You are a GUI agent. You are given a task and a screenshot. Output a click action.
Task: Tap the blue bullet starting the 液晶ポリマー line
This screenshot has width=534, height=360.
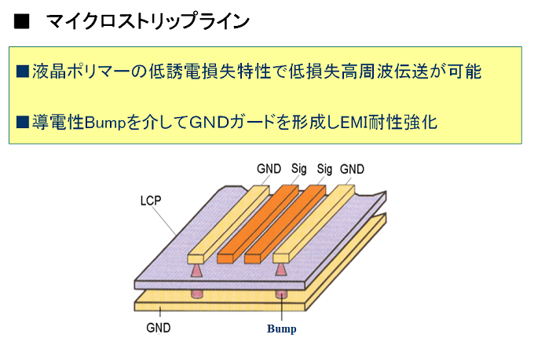pos(23,72)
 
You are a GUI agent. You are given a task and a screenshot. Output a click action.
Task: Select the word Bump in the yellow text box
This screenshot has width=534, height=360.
pos(104,123)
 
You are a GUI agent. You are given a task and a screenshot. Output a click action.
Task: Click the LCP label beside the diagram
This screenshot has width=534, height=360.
pos(148,200)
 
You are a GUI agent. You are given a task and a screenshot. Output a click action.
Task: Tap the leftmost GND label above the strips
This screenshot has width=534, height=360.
pos(269,168)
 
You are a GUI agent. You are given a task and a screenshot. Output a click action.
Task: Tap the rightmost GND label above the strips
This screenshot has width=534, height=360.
pos(352,168)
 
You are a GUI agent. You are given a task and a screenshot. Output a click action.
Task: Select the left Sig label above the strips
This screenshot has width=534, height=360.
pos(299,168)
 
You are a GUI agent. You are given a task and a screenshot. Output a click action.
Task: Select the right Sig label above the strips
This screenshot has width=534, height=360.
pos(325,168)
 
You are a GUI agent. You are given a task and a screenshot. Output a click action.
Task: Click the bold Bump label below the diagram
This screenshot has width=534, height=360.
pos(281,329)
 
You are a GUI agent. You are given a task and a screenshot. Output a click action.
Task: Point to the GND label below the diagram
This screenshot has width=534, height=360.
pos(159,326)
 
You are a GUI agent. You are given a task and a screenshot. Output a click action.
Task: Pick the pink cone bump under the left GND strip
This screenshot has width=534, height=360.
pos(196,270)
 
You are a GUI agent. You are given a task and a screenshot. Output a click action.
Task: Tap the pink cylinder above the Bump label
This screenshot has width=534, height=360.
pos(281,294)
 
